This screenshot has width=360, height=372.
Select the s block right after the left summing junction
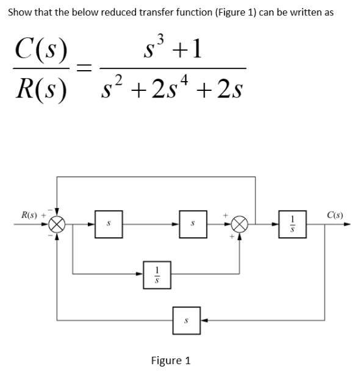coord(108,224)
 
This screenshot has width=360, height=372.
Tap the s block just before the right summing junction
coord(190,224)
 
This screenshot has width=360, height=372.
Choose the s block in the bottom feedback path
coord(185,319)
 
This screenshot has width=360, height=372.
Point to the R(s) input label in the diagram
coord(29,215)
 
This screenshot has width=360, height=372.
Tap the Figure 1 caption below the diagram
coord(170,360)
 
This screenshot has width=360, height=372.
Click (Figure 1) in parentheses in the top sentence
coord(229,13)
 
